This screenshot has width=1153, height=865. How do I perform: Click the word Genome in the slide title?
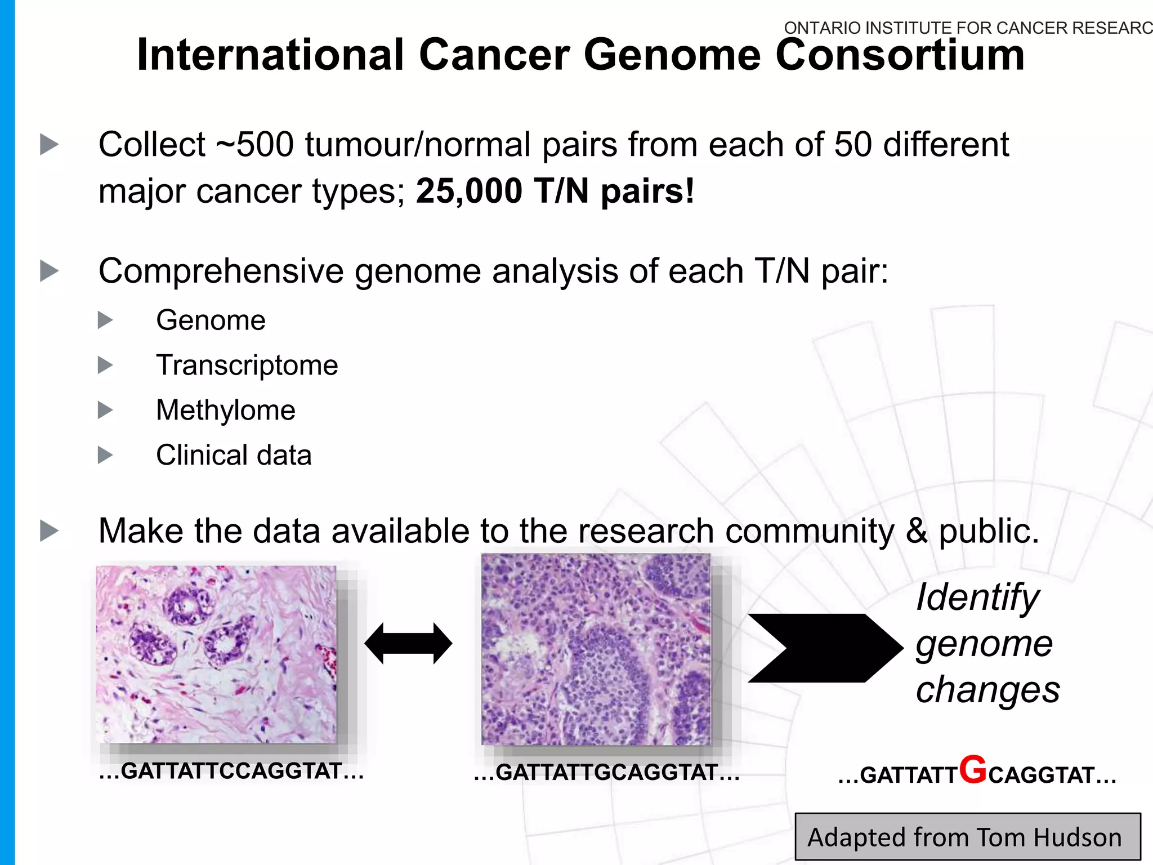672,55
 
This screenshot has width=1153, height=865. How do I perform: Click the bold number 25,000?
469,191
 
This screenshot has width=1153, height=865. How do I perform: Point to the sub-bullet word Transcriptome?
247,365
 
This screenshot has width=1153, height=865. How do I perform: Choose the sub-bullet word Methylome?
225,410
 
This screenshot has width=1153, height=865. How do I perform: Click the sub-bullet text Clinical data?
233,455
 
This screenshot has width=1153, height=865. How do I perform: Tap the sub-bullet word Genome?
211,320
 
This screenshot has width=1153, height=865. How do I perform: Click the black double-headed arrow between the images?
408,643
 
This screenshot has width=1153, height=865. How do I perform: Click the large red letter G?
973,770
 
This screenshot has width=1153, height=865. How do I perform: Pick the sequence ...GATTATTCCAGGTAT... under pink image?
231,771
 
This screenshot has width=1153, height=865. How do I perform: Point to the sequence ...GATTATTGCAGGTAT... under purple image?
606,773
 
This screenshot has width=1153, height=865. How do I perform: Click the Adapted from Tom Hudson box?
967,837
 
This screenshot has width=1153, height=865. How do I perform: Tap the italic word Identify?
977,597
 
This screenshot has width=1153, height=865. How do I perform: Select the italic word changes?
987,690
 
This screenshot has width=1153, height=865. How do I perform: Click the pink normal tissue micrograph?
216,654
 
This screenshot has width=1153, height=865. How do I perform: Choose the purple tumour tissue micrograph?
596,649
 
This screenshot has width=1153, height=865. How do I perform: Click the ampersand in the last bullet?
917,531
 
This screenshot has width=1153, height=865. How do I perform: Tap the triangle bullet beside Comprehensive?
50,271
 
